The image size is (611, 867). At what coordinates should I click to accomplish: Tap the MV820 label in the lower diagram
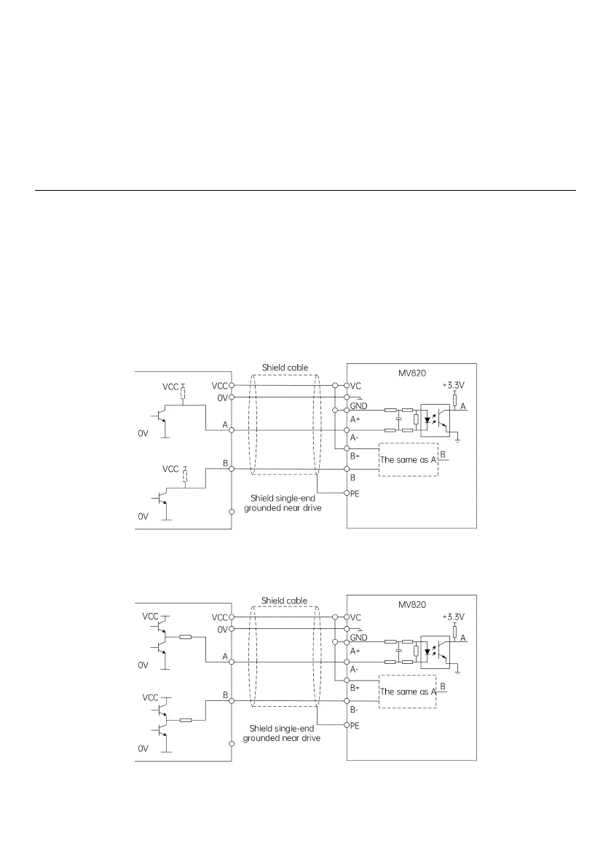coord(411,603)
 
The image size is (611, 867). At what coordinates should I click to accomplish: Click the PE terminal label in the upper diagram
coord(356,494)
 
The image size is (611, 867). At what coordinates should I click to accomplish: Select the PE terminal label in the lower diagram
coord(356,725)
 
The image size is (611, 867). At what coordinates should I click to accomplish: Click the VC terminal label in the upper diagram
coord(356,385)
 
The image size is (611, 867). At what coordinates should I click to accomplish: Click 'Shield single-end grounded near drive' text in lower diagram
coord(285,732)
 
